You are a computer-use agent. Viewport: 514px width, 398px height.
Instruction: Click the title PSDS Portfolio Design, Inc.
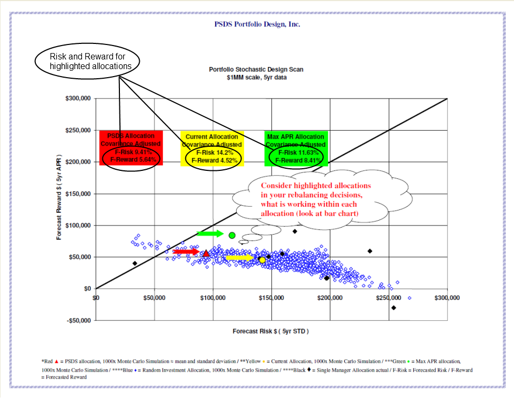click(x=257, y=24)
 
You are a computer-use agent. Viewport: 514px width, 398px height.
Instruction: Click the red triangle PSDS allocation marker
click(x=206, y=253)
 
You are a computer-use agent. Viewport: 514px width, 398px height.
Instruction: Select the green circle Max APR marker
click(x=232, y=235)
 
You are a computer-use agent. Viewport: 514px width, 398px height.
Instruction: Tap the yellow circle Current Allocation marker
click(x=262, y=260)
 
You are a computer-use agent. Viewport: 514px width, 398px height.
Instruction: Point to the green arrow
click(x=209, y=234)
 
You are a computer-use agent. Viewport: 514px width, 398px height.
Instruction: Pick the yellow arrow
click(x=239, y=258)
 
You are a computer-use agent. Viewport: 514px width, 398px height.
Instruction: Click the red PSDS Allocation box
click(x=131, y=147)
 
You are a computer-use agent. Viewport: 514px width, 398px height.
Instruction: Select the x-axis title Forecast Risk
click(x=270, y=331)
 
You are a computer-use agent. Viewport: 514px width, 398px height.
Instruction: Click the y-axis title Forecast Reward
click(x=60, y=198)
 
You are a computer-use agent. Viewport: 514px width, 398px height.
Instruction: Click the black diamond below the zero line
click(x=394, y=307)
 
